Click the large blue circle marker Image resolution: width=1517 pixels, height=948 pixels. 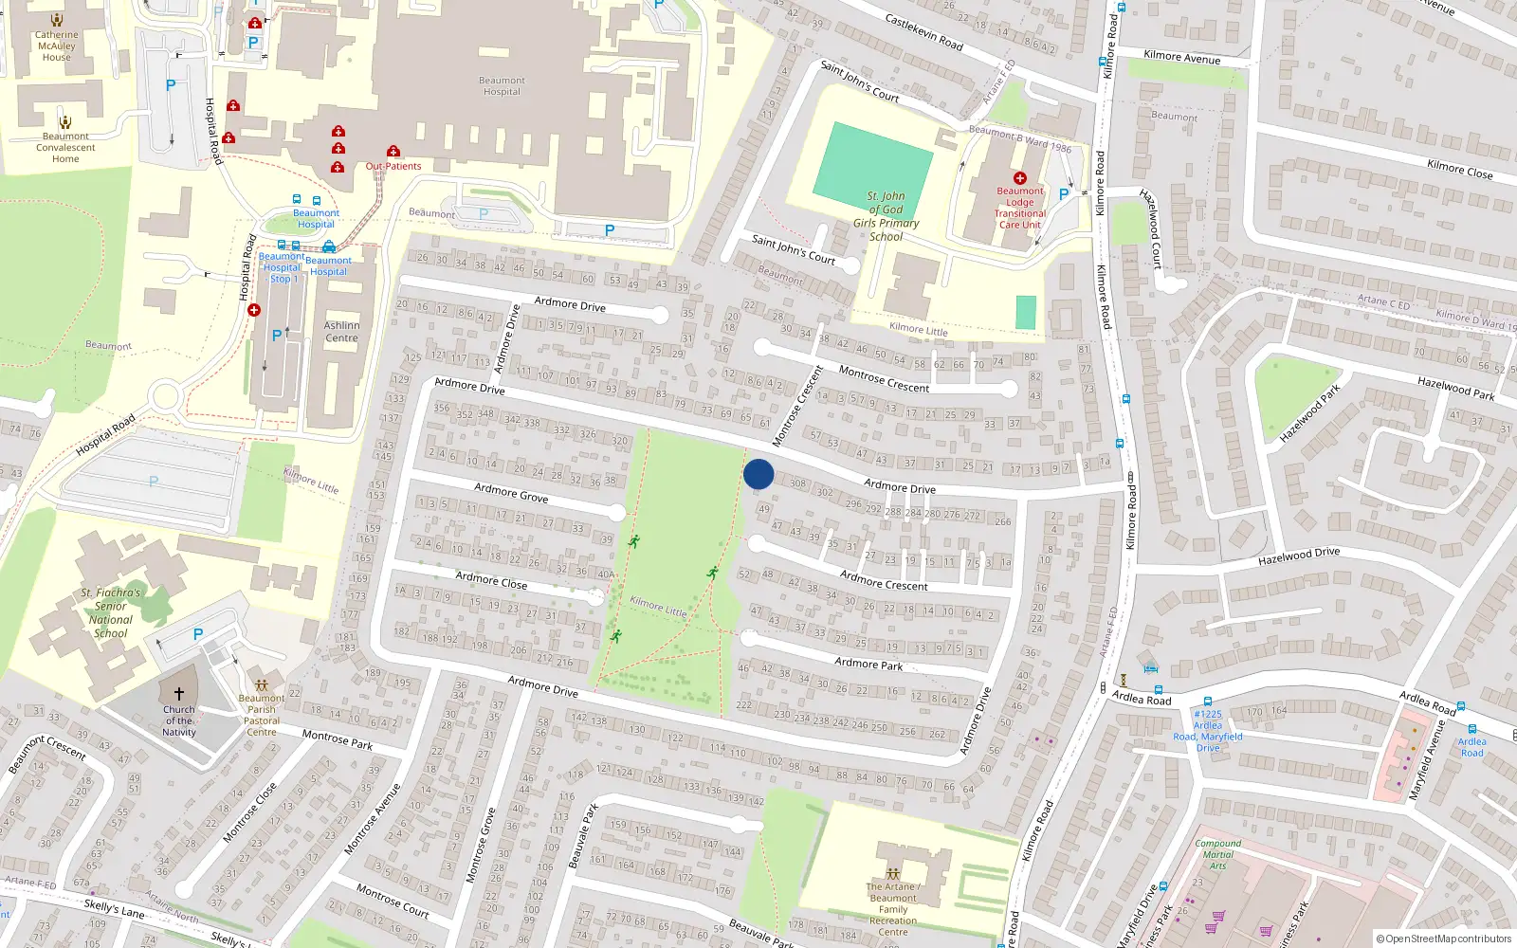point(758,474)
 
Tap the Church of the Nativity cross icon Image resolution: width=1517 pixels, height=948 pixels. point(178,694)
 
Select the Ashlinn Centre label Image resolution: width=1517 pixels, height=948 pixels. point(341,332)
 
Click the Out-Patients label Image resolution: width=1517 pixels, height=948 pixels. point(393,166)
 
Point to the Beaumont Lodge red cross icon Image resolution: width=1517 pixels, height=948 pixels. point(1020,177)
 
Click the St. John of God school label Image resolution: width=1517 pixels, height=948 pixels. point(886,216)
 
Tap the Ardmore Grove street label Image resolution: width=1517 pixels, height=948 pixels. point(511,492)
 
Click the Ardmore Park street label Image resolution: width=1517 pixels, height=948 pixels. point(868,664)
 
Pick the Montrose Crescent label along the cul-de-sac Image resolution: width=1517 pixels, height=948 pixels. point(884,379)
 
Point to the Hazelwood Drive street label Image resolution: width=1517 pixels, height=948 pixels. point(1299,556)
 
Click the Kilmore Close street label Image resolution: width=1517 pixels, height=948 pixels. point(1459,170)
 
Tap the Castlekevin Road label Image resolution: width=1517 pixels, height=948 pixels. point(923,32)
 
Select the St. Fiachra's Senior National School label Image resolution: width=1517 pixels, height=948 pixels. point(111,612)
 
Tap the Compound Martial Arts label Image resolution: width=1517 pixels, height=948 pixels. point(1218,854)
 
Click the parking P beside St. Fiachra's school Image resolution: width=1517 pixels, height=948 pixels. point(198,634)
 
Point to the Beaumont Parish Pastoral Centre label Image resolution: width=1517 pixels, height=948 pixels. point(262,715)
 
